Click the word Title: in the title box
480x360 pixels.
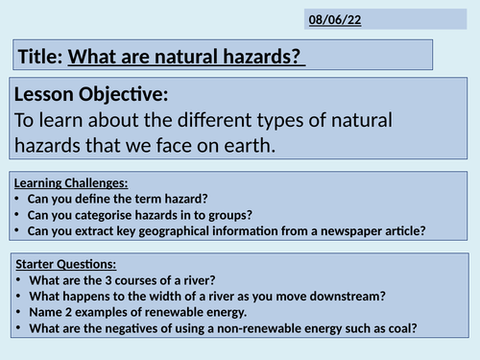pyautogui.click(x=40, y=57)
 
